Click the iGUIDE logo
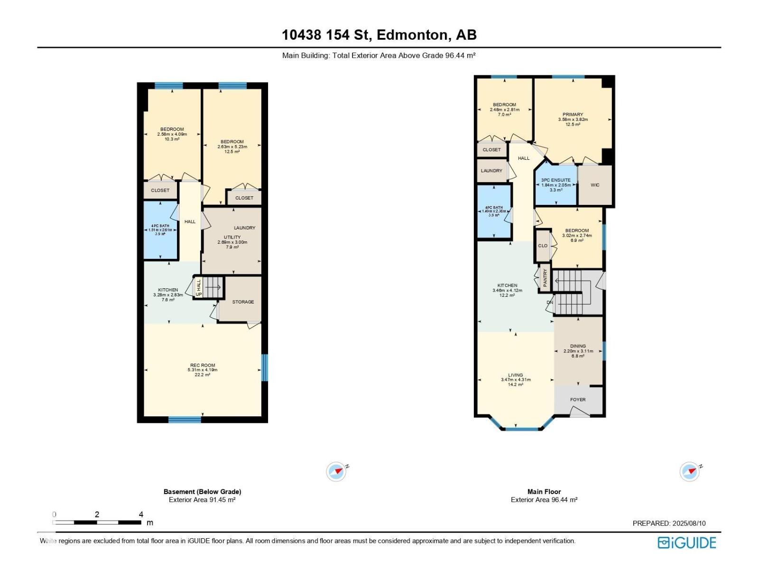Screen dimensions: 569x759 (686, 542)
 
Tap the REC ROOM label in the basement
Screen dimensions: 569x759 (202, 366)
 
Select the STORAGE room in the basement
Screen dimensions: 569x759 (243, 302)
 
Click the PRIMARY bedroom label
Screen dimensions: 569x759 (573, 115)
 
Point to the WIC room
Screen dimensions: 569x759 (595, 185)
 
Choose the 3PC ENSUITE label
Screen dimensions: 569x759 (556, 180)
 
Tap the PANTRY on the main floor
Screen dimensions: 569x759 (545, 277)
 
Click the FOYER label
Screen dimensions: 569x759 (578, 400)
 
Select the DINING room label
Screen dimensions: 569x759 (578, 346)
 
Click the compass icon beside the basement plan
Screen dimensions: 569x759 (336, 471)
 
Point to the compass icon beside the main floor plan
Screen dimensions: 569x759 (690, 471)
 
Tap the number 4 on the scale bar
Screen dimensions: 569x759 (141, 514)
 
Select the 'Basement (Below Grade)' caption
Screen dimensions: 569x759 (202, 492)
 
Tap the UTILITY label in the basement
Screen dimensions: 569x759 (232, 237)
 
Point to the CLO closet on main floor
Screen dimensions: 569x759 (543, 246)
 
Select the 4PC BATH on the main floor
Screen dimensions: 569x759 (494, 211)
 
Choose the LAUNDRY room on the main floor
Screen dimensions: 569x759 (491, 171)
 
